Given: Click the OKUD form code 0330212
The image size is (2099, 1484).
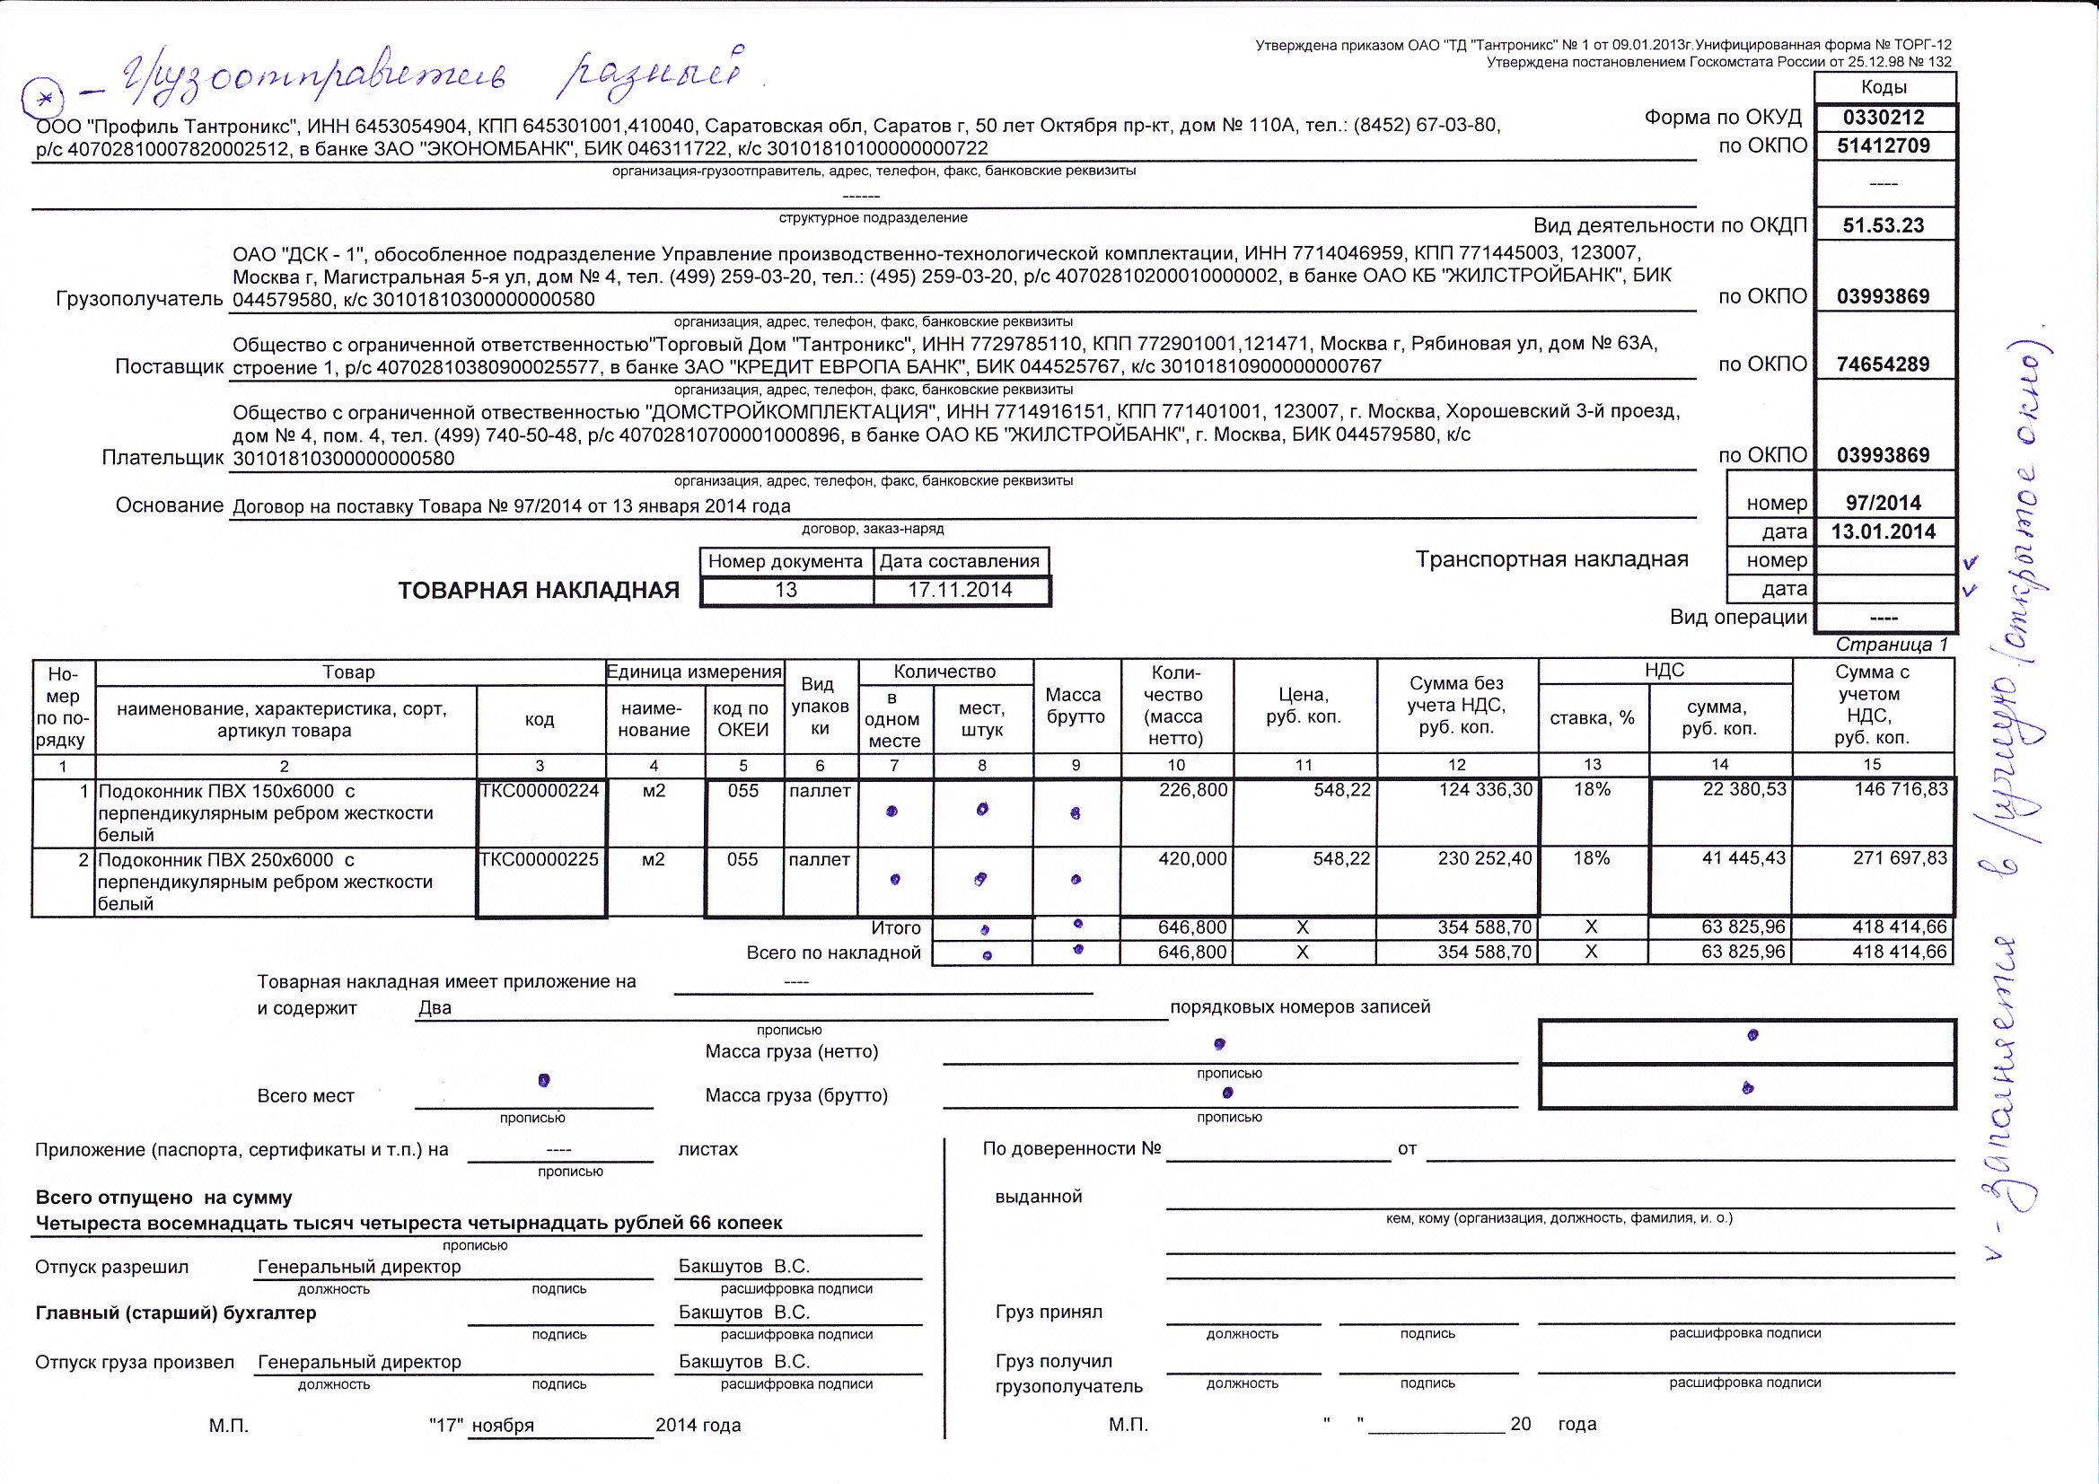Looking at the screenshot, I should point(1884,117).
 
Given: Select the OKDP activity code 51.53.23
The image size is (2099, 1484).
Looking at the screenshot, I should point(1884,225).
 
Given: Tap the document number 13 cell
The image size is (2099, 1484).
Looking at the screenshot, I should point(786,591).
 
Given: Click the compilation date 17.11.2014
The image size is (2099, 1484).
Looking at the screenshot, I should point(960,591).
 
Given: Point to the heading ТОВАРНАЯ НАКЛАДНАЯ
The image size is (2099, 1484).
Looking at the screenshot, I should point(539,591).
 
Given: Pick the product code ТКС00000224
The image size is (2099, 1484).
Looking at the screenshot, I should point(540,791).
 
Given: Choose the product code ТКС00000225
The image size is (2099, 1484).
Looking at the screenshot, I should point(540,859).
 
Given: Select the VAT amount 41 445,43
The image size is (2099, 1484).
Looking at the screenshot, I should point(1743,858).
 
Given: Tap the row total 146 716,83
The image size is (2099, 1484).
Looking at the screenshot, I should point(1901,790).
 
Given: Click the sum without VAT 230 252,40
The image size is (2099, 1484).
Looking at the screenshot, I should point(1485,858).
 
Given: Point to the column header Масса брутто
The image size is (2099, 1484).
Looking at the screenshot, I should point(1076,706).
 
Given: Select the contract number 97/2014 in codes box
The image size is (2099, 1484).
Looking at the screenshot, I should point(1884,503).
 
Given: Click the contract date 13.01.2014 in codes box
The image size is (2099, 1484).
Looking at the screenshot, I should point(1884,532).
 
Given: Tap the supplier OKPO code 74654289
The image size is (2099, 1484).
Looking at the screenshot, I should point(1884,364).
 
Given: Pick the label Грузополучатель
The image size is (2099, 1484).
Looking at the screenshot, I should point(140,299).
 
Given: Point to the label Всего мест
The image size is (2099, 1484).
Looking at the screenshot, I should point(305,1096).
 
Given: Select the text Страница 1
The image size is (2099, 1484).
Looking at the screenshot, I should point(1892,645).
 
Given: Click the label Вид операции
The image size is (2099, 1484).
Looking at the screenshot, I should point(1738,617).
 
